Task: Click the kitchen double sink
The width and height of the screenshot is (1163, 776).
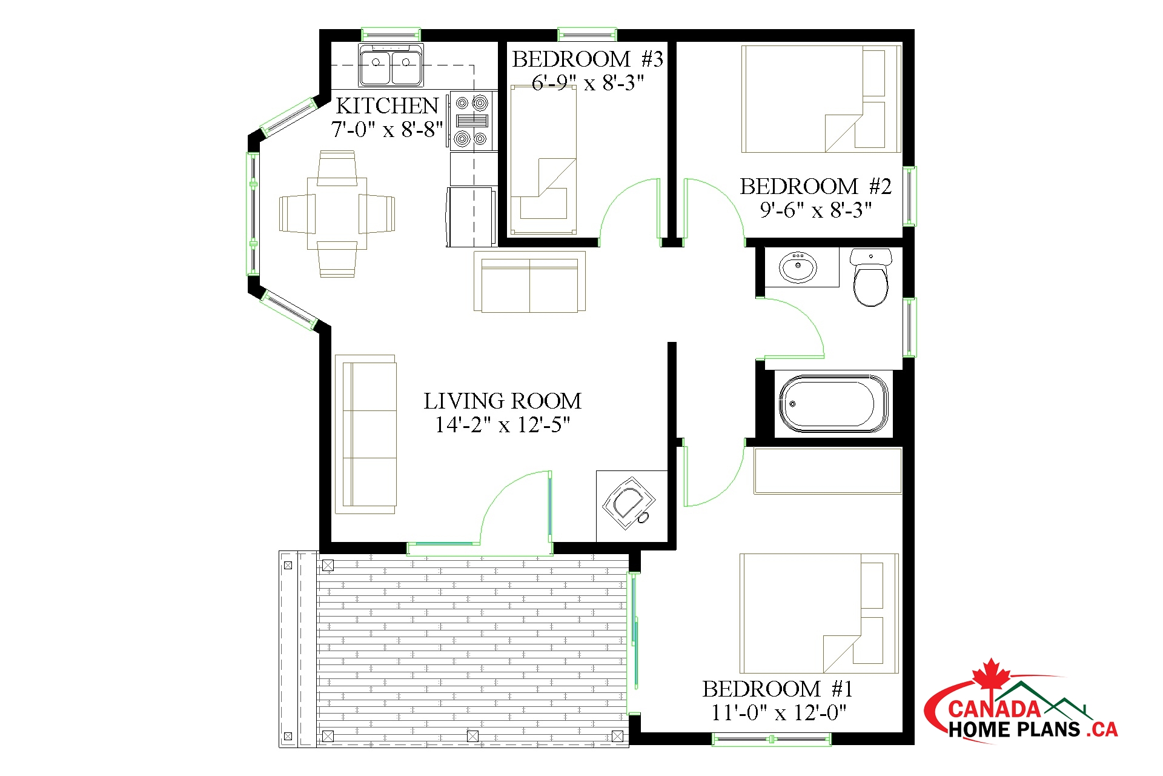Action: tap(391, 65)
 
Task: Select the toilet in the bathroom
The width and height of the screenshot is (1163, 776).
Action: tap(871, 277)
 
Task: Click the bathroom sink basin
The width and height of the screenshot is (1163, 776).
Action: tap(798, 268)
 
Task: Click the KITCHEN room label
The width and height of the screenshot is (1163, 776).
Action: tap(387, 106)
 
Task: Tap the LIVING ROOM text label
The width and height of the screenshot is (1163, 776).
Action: tap(502, 401)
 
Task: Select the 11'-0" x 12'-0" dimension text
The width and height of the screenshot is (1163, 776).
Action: tap(778, 713)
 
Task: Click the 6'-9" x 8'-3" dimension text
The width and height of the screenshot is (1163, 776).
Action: tap(588, 82)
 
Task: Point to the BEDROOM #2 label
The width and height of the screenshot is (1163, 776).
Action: tap(815, 187)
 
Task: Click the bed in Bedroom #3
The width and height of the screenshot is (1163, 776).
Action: tap(543, 160)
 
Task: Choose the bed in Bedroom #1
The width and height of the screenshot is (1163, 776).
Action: tap(819, 613)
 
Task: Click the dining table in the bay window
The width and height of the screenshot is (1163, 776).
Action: tap(337, 213)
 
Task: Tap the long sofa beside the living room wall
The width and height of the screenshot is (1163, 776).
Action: tap(365, 434)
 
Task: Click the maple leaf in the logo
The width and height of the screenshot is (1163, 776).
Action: tap(991, 677)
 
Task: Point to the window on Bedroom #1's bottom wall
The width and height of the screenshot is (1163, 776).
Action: tap(771, 739)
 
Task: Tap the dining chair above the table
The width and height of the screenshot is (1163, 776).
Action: tap(337, 169)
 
